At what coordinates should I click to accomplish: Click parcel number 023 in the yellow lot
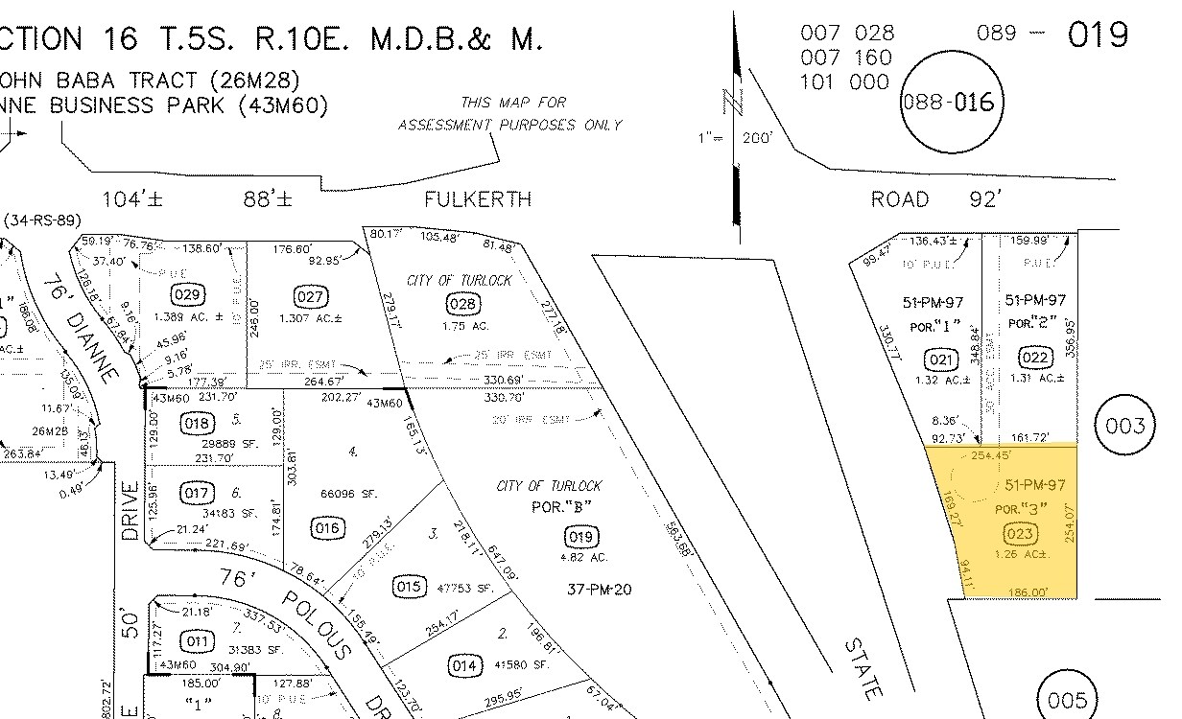click(x=1018, y=534)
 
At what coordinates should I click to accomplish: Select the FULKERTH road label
click(x=478, y=199)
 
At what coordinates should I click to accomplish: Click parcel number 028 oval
click(x=461, y=305)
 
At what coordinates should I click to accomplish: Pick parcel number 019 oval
click(x=581, y=537)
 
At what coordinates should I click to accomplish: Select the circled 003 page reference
click(x=1124, y=426)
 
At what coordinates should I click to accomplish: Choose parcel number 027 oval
click(x=311, y=296)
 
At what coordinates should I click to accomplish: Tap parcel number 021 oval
click(x=941, y=359)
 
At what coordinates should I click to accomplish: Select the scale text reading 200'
click(x=758, y=138)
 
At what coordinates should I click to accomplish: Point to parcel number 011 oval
click(x=199, y=641)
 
